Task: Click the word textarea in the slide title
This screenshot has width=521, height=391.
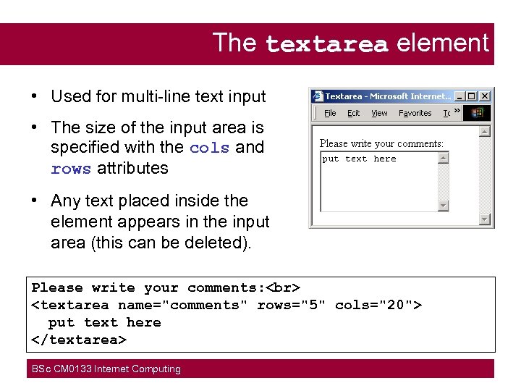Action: pos(326,45)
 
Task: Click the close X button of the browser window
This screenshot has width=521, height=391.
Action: pos(486,96)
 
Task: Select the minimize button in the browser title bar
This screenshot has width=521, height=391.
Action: pos(460,96)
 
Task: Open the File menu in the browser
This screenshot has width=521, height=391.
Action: pos(330,113)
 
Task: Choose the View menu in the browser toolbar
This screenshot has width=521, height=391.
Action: pos(379,113)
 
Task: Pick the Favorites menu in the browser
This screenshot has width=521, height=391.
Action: pos(415,113)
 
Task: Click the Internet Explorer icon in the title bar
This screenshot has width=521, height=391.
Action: pos(318,96)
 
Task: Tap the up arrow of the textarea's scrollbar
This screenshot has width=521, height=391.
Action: pos(444,157)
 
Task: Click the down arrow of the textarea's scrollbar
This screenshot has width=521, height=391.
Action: pos(444,206)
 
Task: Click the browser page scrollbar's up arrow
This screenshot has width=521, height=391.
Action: pos(485,131)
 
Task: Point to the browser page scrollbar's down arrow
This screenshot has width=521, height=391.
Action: pos(485,219)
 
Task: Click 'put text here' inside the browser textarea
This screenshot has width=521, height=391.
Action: pos(359,159)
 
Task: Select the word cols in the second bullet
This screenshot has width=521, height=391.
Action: pos(210,148)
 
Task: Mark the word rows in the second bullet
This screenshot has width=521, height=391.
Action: pos(71,169)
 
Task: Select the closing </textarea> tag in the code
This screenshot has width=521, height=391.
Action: pos(79,340)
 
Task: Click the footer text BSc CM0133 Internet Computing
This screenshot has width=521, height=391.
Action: pos(106,369)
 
